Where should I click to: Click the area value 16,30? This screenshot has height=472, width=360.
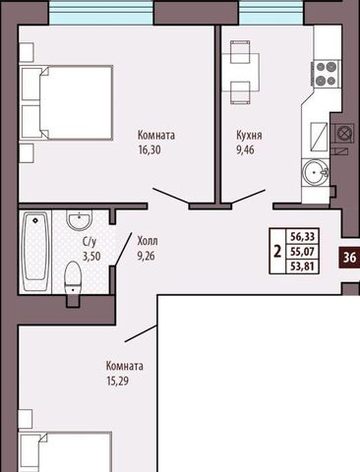150,150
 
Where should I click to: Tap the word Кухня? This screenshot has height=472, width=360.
249,135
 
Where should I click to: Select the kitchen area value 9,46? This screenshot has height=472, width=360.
245,150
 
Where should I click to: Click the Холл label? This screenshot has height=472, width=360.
148,241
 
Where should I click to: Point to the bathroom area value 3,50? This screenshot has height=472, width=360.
91,257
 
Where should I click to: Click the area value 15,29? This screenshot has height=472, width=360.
117,382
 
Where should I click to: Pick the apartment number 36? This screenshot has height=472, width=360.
349,258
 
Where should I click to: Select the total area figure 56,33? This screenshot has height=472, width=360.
302,236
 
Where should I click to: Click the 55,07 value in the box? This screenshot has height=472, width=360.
302,252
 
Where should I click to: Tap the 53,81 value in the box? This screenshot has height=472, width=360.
302,266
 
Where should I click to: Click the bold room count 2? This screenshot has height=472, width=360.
277,252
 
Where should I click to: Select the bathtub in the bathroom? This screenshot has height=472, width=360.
35,251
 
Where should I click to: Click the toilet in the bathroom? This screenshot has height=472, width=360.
73,279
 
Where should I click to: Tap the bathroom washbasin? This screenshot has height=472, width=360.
80,220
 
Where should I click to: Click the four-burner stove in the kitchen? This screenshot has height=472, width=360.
326,74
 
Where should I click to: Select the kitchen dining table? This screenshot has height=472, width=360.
241,73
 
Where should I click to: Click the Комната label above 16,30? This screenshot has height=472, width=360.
156,135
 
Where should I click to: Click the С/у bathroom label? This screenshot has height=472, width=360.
90,242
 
